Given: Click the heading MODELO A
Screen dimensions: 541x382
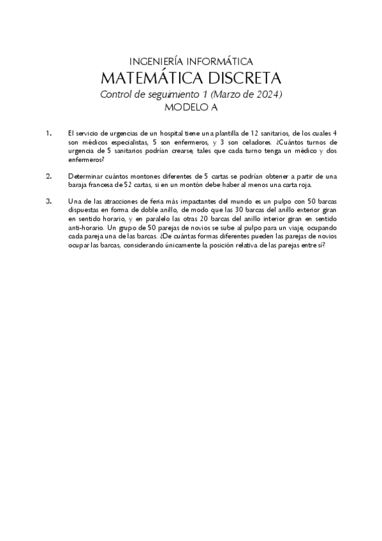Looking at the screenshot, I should [191, 107].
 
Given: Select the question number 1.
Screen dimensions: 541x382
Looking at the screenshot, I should [48, 133].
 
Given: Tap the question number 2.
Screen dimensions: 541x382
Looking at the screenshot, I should [48, 175].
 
